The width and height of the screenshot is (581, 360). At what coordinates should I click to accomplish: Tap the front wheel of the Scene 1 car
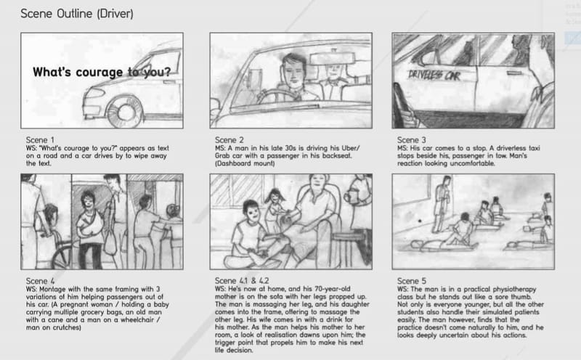click(125, 108)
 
